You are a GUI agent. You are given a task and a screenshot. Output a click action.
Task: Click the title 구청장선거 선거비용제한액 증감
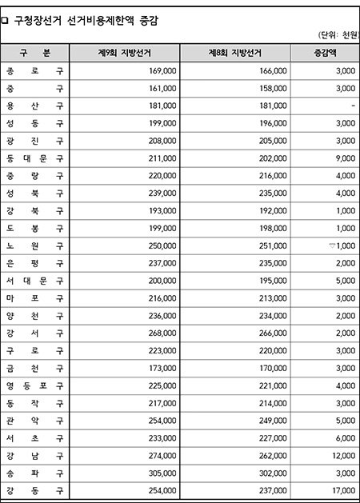[x=85, y=21]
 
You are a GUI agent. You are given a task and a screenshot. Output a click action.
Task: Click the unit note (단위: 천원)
[x=337, y=35]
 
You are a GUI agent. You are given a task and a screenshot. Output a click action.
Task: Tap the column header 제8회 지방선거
[x=235, y=53]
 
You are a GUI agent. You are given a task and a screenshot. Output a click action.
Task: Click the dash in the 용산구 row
[x=352, y=106]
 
